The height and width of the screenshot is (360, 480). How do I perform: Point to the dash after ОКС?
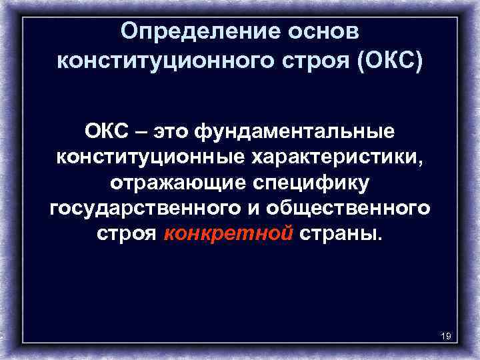click(x=143, y=131)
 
